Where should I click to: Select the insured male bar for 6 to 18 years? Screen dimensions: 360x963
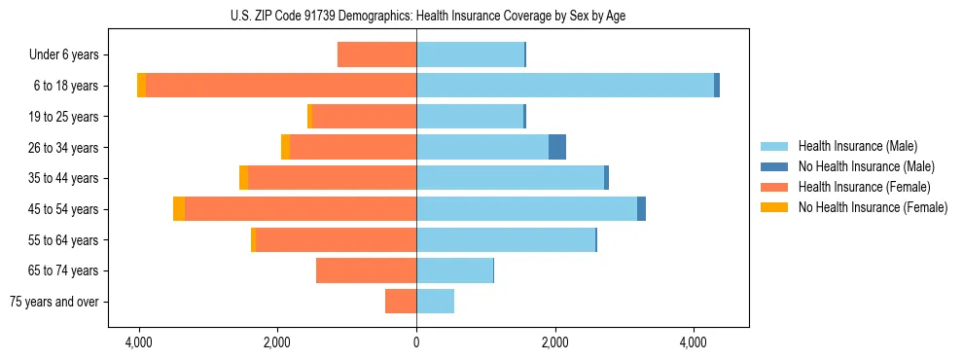pyautogui.click(x=564, y=86)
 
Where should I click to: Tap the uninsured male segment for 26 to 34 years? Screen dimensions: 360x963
pyautogui.click(x=557, y=147)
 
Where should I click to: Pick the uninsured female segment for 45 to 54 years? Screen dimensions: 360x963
pyautogui.click(x=179, y=209)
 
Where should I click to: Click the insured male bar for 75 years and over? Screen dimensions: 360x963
pyautogui.click(x=435, y=302)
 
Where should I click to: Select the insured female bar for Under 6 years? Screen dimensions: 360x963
pyautogui.click(x=376, y=54)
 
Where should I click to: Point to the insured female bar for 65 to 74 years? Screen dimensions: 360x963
pyautogui.click(x=366, y=270)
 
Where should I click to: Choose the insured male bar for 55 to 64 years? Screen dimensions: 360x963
pyautogui.click(x=505, y=239)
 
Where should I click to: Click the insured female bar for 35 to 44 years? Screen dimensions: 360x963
pyautogui.click(x=332, y=178)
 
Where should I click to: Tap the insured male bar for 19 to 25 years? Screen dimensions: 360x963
pyautogui.click(x=470, y=117)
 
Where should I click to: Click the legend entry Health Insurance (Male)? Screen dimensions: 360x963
pyautogui.click(x=857, y=146)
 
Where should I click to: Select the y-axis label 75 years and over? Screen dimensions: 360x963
pyautogui.click(x=54, y=302)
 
